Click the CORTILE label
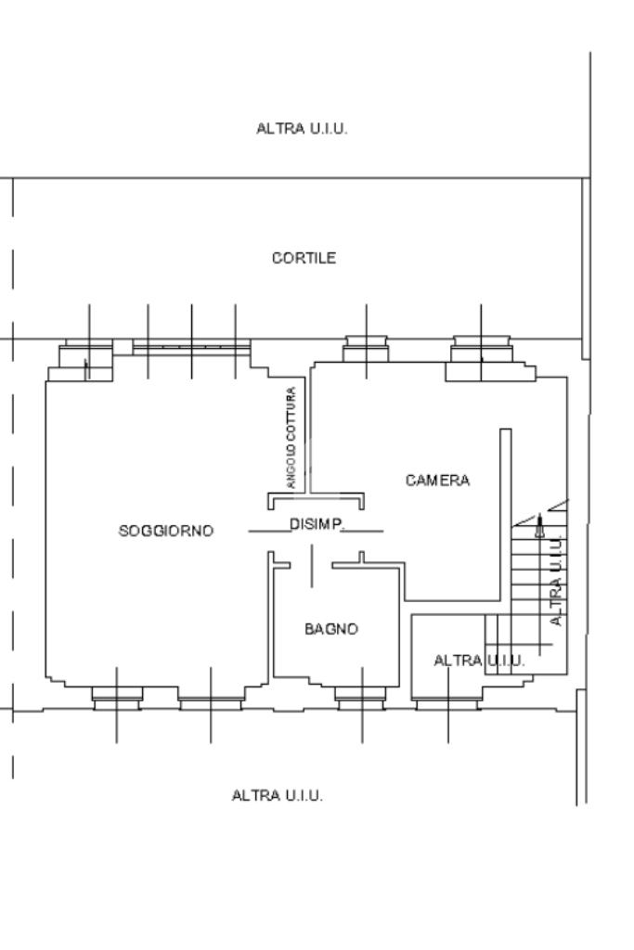pyautogui.click(x=304, y=258)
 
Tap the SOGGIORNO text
pyautogui.click(x=166, y=532)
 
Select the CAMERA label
pyautogui.click(x=437, y=481)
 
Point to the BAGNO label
pyautogui.click(x=331, y=629)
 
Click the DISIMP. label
pyautogui.click(x=317, y=525)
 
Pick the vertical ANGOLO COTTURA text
pyautogui.click(x=291, y=438)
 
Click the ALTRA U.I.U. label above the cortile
pyautogui.click(x=302, y=128)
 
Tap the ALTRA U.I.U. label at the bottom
pyautogui.click(x=278, y=796)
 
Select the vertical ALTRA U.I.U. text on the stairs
pyautogui.click(x=557, y=580)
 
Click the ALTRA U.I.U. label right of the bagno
pyautogui.click(x=479, y=661)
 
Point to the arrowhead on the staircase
pyautogui.click(x=540, y=528)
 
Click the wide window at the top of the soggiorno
pyautogui.click(x=191, y=347)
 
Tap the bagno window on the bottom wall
pyautogui.click(x=362, y=697)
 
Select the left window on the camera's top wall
pyautogui.click(x=366, y=350)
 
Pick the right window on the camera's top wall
pyautogui.click(x=481, y=352)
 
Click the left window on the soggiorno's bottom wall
pyautogui.click(x=117, y=697)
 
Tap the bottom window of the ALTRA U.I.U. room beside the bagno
pyautogui.click(x=447, y=701)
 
